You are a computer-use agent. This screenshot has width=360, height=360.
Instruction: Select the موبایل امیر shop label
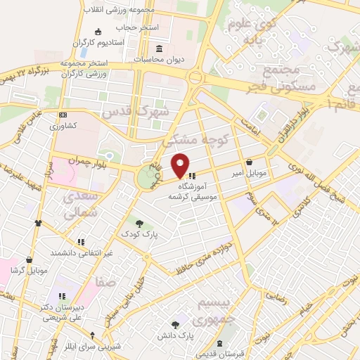coord(249,172)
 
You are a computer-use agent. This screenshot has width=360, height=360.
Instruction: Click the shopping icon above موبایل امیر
coord(250,162)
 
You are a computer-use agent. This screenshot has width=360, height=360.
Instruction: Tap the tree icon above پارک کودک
coord(139,223)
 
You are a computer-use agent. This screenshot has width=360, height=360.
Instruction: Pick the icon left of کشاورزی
coord(63,115)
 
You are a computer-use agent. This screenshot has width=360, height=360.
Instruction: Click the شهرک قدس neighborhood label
coord(136,112)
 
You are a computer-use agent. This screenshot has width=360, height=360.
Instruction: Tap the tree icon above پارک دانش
coord(175,324)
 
